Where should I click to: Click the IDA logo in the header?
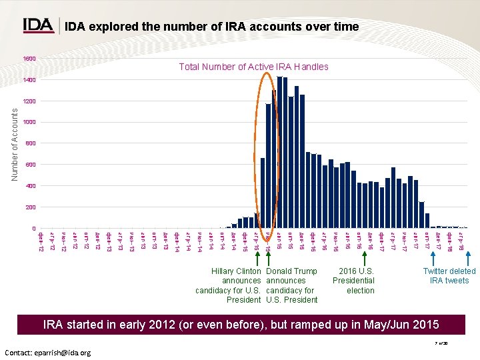(39, 26)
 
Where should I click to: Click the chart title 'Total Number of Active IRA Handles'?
(253, 67)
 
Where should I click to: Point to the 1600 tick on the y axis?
(29, 59)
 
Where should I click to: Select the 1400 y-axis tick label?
(29, 80)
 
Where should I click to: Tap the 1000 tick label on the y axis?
(29, 123)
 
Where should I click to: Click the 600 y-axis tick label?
(31, 165)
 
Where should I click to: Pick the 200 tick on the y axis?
(31, 207)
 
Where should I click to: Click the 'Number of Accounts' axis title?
(14, 144)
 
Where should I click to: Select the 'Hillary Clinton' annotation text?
(236, 271)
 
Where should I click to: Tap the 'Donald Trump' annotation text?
(291, 271)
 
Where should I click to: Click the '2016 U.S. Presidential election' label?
(357, 281)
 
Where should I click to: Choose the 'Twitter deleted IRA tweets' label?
(449, 276)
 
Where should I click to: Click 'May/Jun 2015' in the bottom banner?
(409, 325)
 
